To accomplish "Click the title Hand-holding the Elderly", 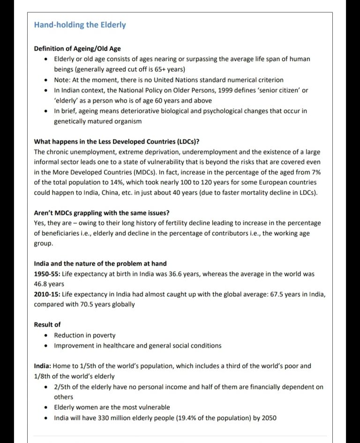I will click(80, 25).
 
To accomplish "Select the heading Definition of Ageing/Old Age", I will click(74, 49).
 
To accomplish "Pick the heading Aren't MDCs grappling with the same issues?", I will click(109, 212).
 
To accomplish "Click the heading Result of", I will click(47, 324).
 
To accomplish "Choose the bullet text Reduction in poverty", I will click(85, 335).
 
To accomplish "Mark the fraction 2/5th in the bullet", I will click(63, 387).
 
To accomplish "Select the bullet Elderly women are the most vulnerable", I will click(112, 407).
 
